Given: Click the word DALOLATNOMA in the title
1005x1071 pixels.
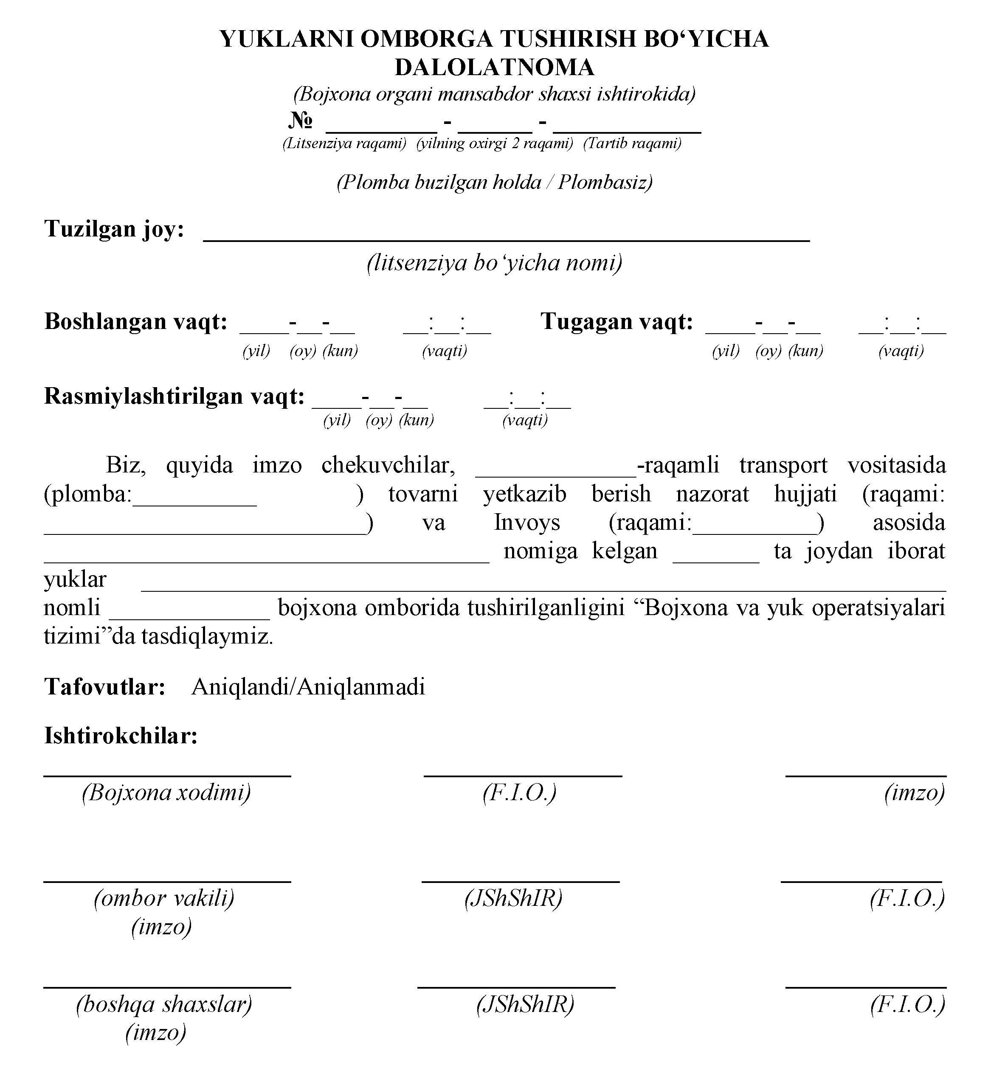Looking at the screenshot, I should point(494,67).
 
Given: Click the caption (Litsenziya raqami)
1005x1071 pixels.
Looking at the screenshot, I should point(344,144).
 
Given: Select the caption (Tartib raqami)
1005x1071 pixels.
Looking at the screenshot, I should point(632,144).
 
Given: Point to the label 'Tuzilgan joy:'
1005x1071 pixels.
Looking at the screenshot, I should point(114,229).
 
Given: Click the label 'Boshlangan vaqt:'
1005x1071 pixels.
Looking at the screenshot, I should point(136,322).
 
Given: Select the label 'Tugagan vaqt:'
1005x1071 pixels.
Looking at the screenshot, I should point(617,322).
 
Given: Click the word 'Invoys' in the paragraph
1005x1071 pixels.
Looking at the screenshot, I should point(526,523).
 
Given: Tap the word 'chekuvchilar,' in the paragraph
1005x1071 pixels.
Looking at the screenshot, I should point(388,465).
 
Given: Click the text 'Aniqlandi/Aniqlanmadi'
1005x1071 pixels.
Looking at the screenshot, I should point(308,687).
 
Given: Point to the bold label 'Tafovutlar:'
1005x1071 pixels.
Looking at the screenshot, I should point(105,687).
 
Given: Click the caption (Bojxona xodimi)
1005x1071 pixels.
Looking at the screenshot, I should point(166,793).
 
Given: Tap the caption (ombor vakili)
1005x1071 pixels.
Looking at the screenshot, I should point(164,898).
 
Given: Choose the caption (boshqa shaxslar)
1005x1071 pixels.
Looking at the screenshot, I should point(164,1004).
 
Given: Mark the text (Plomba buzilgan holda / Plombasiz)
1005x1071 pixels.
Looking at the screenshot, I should point(494,183).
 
